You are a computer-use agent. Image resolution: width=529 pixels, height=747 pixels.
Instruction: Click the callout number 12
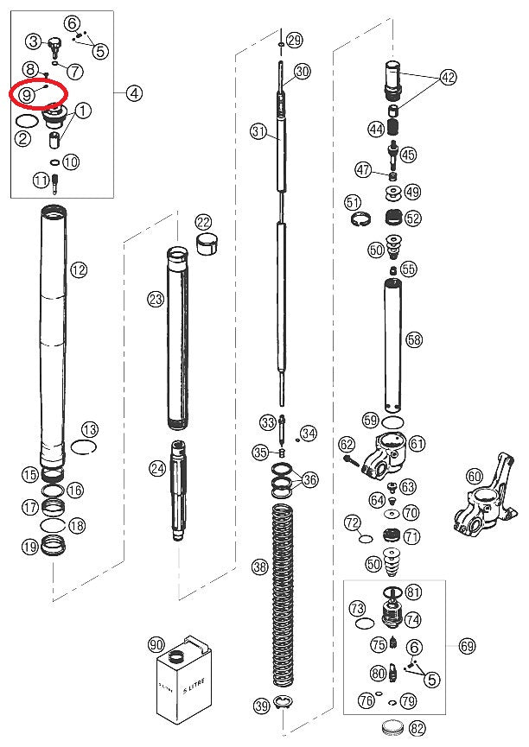pos(80,270)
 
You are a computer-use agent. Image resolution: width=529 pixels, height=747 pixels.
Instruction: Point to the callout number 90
pos(156,644)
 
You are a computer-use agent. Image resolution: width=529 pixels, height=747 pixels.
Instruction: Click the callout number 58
pos(414,339)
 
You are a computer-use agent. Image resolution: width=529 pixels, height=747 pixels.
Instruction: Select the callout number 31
pos(258,131)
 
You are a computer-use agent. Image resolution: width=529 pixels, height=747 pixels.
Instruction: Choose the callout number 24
pos(157,469)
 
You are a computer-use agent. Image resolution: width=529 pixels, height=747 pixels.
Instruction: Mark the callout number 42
pos(448,77)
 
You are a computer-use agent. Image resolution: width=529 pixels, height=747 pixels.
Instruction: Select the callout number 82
pos(417,728)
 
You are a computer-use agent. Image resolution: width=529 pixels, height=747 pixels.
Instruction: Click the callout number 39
pos(261,706)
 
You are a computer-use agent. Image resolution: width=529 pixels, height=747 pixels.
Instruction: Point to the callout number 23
pos(156,300)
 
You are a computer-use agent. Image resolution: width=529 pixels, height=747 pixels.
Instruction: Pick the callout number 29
pos(295,40)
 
